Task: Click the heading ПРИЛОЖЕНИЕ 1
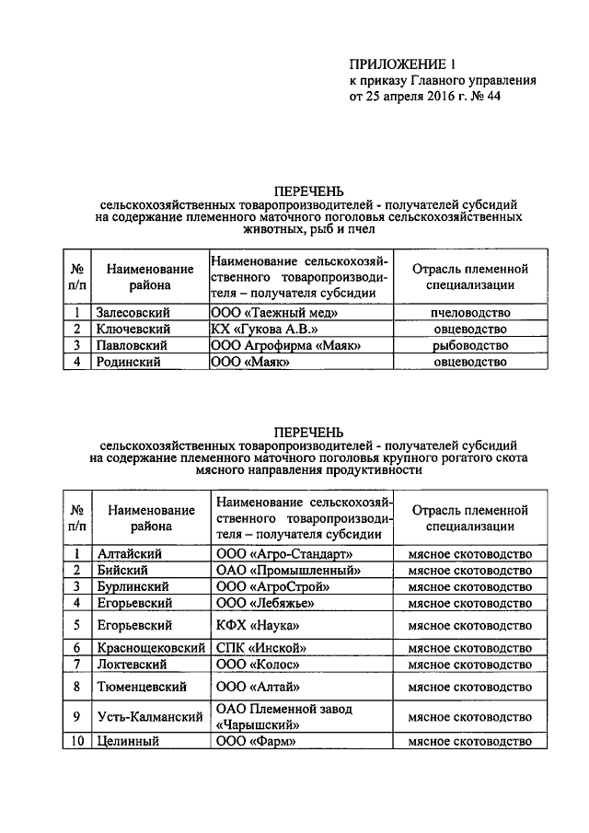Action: [402, 64]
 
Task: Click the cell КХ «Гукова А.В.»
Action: [263, 330]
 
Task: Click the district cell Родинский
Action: [128, 363]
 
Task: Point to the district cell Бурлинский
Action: [133, 586]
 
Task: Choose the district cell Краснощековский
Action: [149, 648]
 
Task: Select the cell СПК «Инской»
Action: [260, 648]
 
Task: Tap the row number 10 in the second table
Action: [78, 742]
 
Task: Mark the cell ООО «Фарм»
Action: [257, 742]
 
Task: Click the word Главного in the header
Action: [441, 79]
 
